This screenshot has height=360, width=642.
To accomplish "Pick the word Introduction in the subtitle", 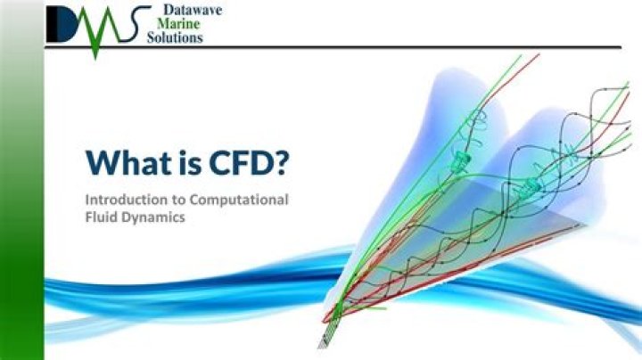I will [x=122, y=200].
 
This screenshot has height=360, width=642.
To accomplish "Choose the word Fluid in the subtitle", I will [x=103, y=218].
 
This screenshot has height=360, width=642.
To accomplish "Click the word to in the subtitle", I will [x=173, y=200].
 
